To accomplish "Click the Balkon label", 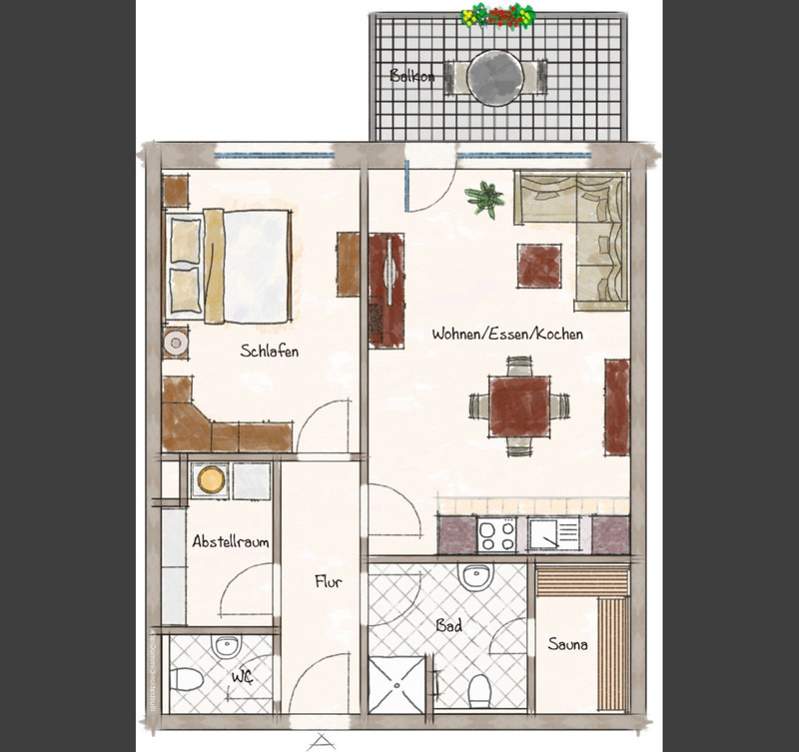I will tap(411, 76).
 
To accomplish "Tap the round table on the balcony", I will tap(495, 77).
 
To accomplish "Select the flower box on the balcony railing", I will tap(497, 15).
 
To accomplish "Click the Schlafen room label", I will tap(269, 352).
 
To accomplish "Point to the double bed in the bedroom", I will tap(230, 265).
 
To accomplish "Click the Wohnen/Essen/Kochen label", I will tap(506, 335).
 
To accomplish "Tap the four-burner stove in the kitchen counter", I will tap(496, 536).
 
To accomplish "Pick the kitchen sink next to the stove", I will tap(552, 536).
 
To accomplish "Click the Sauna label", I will tap(567, 644).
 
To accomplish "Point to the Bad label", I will tap(447, 627).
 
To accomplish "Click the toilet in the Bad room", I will tap(478, 689).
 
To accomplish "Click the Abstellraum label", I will tap(230, 542).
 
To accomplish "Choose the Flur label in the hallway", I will tap(329, 582).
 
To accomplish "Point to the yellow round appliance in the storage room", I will tap(211, 480).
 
